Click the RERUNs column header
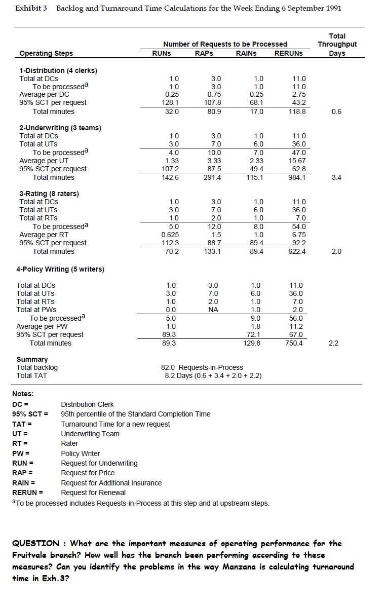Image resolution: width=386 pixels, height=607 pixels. [x=288, y=53]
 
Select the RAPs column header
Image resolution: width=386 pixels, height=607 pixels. [x=204, y=53]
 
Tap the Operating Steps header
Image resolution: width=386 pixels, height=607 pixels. [x=46, y=53]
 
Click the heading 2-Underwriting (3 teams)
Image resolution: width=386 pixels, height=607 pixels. [x=60, y=128]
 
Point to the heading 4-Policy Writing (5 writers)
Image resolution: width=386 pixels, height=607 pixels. [x=62, y=269]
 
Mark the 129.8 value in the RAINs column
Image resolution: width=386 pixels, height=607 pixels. [x=256, y=343]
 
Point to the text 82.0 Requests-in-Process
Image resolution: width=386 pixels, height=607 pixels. [x=202, y=367]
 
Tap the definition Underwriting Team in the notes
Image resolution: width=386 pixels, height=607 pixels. [x=90, y=434]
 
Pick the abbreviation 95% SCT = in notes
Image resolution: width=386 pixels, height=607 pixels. [x=30, y=414]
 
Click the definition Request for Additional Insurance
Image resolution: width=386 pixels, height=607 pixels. [x=111, y=483]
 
